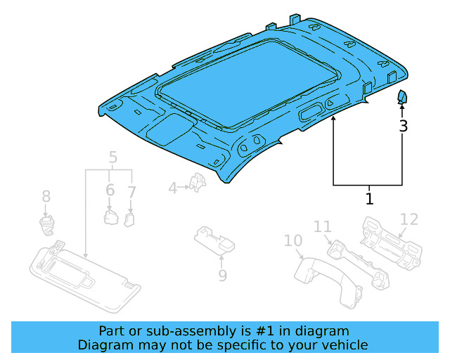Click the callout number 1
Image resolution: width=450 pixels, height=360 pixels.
[x=369, y=198]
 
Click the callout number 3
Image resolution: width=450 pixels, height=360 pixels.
[x=403, y=127]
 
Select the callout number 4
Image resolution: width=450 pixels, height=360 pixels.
[x=172, y=188]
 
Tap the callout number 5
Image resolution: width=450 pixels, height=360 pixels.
[x=112, y=157]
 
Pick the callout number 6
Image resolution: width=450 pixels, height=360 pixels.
[x=110, y=190]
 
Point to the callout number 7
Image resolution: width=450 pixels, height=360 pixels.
[x=131, y=191]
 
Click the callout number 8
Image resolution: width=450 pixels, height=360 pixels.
[x=46, y=196]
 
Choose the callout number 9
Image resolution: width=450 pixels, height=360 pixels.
[x=222, y=276]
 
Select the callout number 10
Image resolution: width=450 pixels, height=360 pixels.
[x=292, y=242]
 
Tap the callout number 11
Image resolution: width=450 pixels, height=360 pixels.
[x=322, y=226]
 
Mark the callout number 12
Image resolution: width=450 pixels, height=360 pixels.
[x=409, y=219]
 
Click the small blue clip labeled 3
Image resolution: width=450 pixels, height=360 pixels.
[x=402, y=97]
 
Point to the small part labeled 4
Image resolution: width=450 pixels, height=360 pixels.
[x=199, y=184]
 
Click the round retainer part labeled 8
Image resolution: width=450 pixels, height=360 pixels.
[x=48, y=225]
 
